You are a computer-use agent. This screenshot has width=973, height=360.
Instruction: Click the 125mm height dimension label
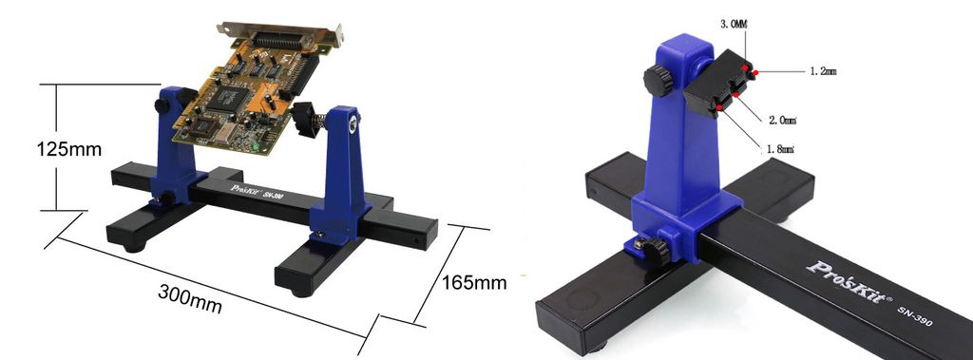click(68, 149)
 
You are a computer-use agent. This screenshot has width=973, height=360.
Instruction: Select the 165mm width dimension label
click(473, 282)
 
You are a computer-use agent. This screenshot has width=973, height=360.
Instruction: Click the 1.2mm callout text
click(823, 70)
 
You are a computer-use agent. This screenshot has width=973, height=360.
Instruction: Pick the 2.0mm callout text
click(780, 121)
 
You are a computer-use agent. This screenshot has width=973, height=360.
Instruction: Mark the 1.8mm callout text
click(778, 149)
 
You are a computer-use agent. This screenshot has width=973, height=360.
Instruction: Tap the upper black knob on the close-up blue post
click(657, 81)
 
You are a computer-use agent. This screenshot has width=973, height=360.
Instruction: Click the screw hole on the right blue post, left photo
click(353, 123)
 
